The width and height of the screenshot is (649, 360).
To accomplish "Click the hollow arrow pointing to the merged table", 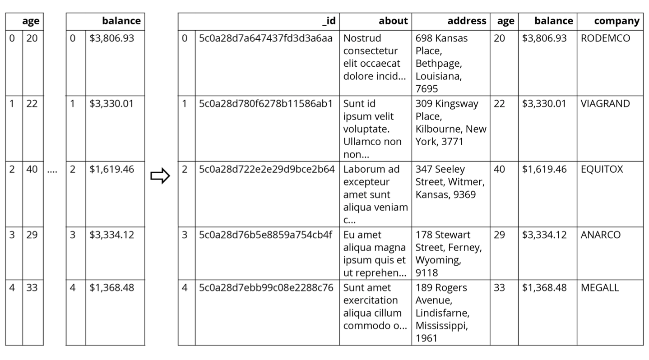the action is coord(160,175).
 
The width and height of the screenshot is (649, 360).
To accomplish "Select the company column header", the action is coord(617,21).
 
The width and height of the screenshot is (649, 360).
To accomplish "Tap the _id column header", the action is coord(329,21).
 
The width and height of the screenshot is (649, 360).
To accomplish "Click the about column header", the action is coord(393,21).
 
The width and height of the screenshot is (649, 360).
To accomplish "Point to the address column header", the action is coord(467,21).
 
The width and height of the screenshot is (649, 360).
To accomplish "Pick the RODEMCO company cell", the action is coord(605,38).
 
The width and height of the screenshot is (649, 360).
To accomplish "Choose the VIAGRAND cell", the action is coord(605,104).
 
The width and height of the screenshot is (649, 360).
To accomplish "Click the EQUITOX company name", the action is coord(602,169).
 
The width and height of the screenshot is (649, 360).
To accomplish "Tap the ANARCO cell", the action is coord(600,235).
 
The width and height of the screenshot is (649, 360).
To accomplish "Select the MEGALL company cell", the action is coord(600,288).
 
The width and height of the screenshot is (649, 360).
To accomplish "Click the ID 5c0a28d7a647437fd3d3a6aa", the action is coord(266,38).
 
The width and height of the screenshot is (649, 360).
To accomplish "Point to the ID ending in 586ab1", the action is coord(266,104).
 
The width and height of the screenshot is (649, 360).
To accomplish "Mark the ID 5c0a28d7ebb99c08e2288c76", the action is coord(266,288).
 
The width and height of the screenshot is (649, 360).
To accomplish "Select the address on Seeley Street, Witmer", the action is coord(450,182).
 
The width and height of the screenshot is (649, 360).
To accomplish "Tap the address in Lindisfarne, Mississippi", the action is coord(442,313).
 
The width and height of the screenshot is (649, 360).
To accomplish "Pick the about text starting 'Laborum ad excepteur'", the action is coord(375,194).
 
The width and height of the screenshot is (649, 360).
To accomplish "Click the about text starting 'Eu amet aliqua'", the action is coord(375,254).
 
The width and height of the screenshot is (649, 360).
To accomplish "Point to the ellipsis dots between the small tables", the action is coord(52,172).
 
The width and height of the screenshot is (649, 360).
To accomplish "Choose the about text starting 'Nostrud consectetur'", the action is coord(375,57).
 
